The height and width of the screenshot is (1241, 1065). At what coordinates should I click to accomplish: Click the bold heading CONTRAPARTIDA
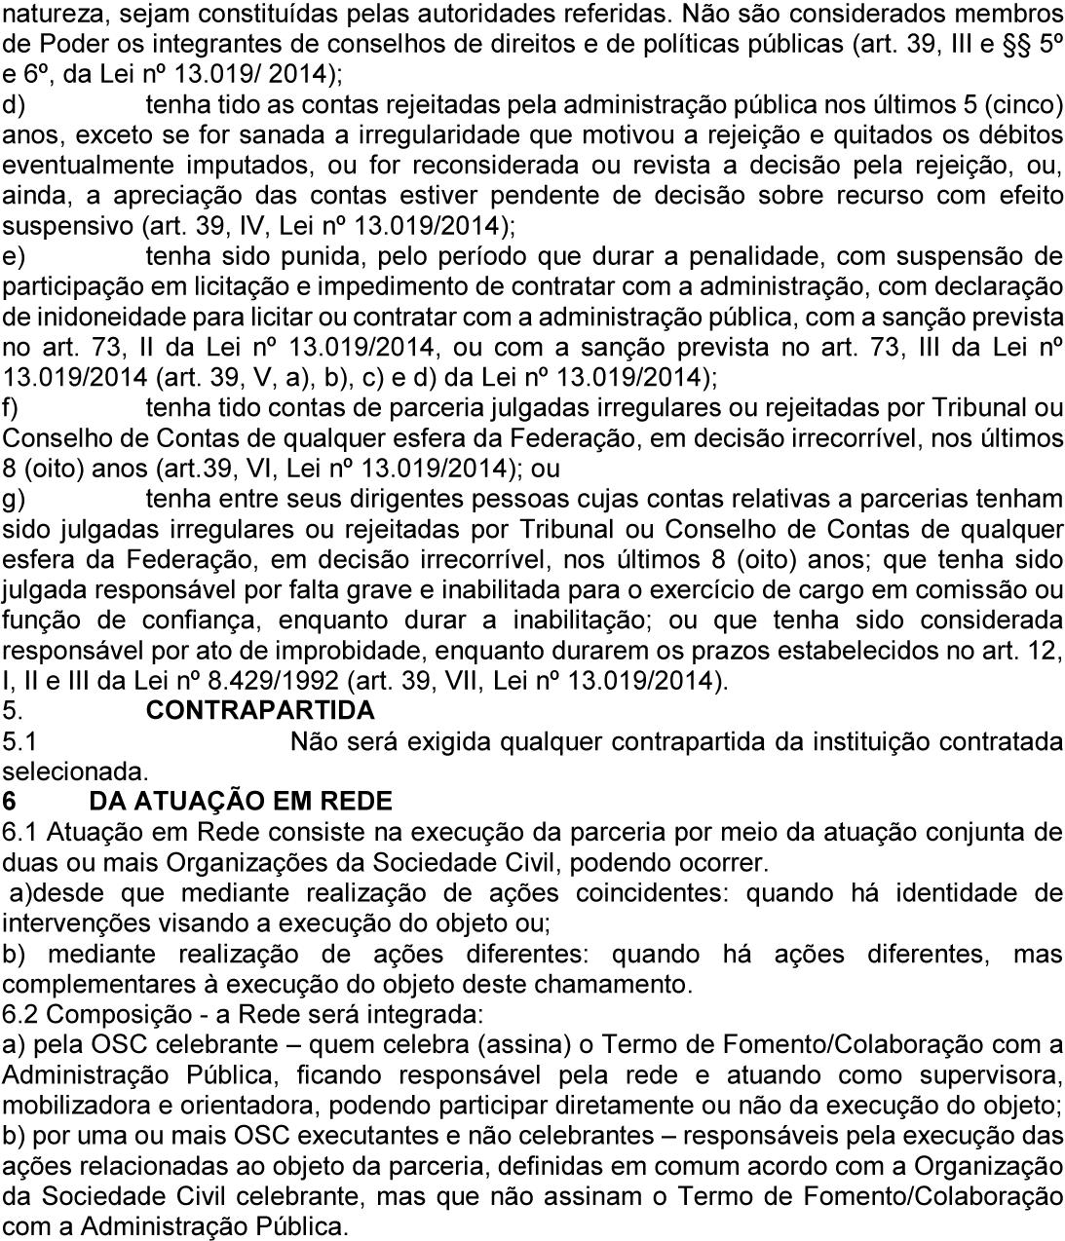[x=260, y=710]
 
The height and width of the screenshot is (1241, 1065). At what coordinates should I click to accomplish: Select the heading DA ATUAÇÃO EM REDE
[x=240, y=802]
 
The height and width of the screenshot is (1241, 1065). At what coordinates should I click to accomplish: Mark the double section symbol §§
[x=1009, y=46]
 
